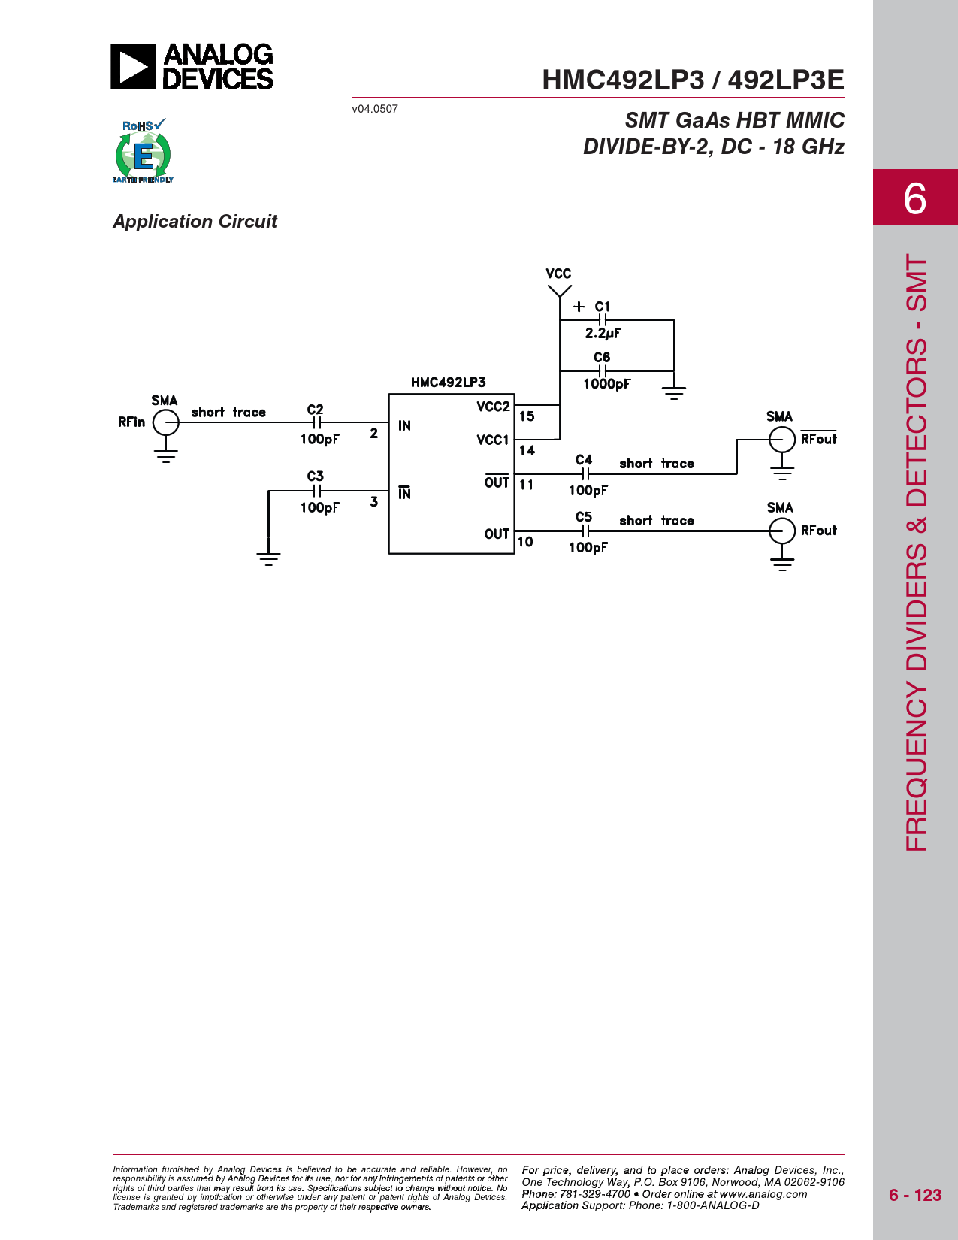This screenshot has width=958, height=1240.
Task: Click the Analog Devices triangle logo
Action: click(133, 67)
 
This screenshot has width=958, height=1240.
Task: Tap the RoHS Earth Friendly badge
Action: click(144, 150)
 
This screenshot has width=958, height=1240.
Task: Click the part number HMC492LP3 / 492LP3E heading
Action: click(693, 80)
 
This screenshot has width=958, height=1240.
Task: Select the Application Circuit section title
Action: click(195, 222)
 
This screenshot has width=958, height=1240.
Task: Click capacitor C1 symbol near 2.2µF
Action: click(602, 319)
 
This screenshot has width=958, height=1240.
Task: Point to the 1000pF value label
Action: click(606, 384)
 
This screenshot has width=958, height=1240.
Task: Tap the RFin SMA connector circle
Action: click(166, 422)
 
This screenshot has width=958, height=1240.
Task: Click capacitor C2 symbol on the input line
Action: click(317, 422)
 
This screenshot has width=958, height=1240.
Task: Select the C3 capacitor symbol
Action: click(317, 491)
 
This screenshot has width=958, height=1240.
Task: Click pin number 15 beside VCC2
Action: click(527, 416)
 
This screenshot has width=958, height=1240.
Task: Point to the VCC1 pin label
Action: click(492, 440)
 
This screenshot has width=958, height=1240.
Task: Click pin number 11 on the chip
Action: click(526, 485)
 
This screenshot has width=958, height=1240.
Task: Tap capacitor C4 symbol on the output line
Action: click(585, 473)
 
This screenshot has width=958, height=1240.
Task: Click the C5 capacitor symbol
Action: click(585, 531)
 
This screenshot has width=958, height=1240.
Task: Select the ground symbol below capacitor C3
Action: click(268, 558)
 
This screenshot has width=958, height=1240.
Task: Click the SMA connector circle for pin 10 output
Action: click(781, 531)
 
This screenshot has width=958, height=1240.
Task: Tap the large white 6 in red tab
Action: click(915, 199)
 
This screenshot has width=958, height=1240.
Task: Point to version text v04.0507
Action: click(375, 109)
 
